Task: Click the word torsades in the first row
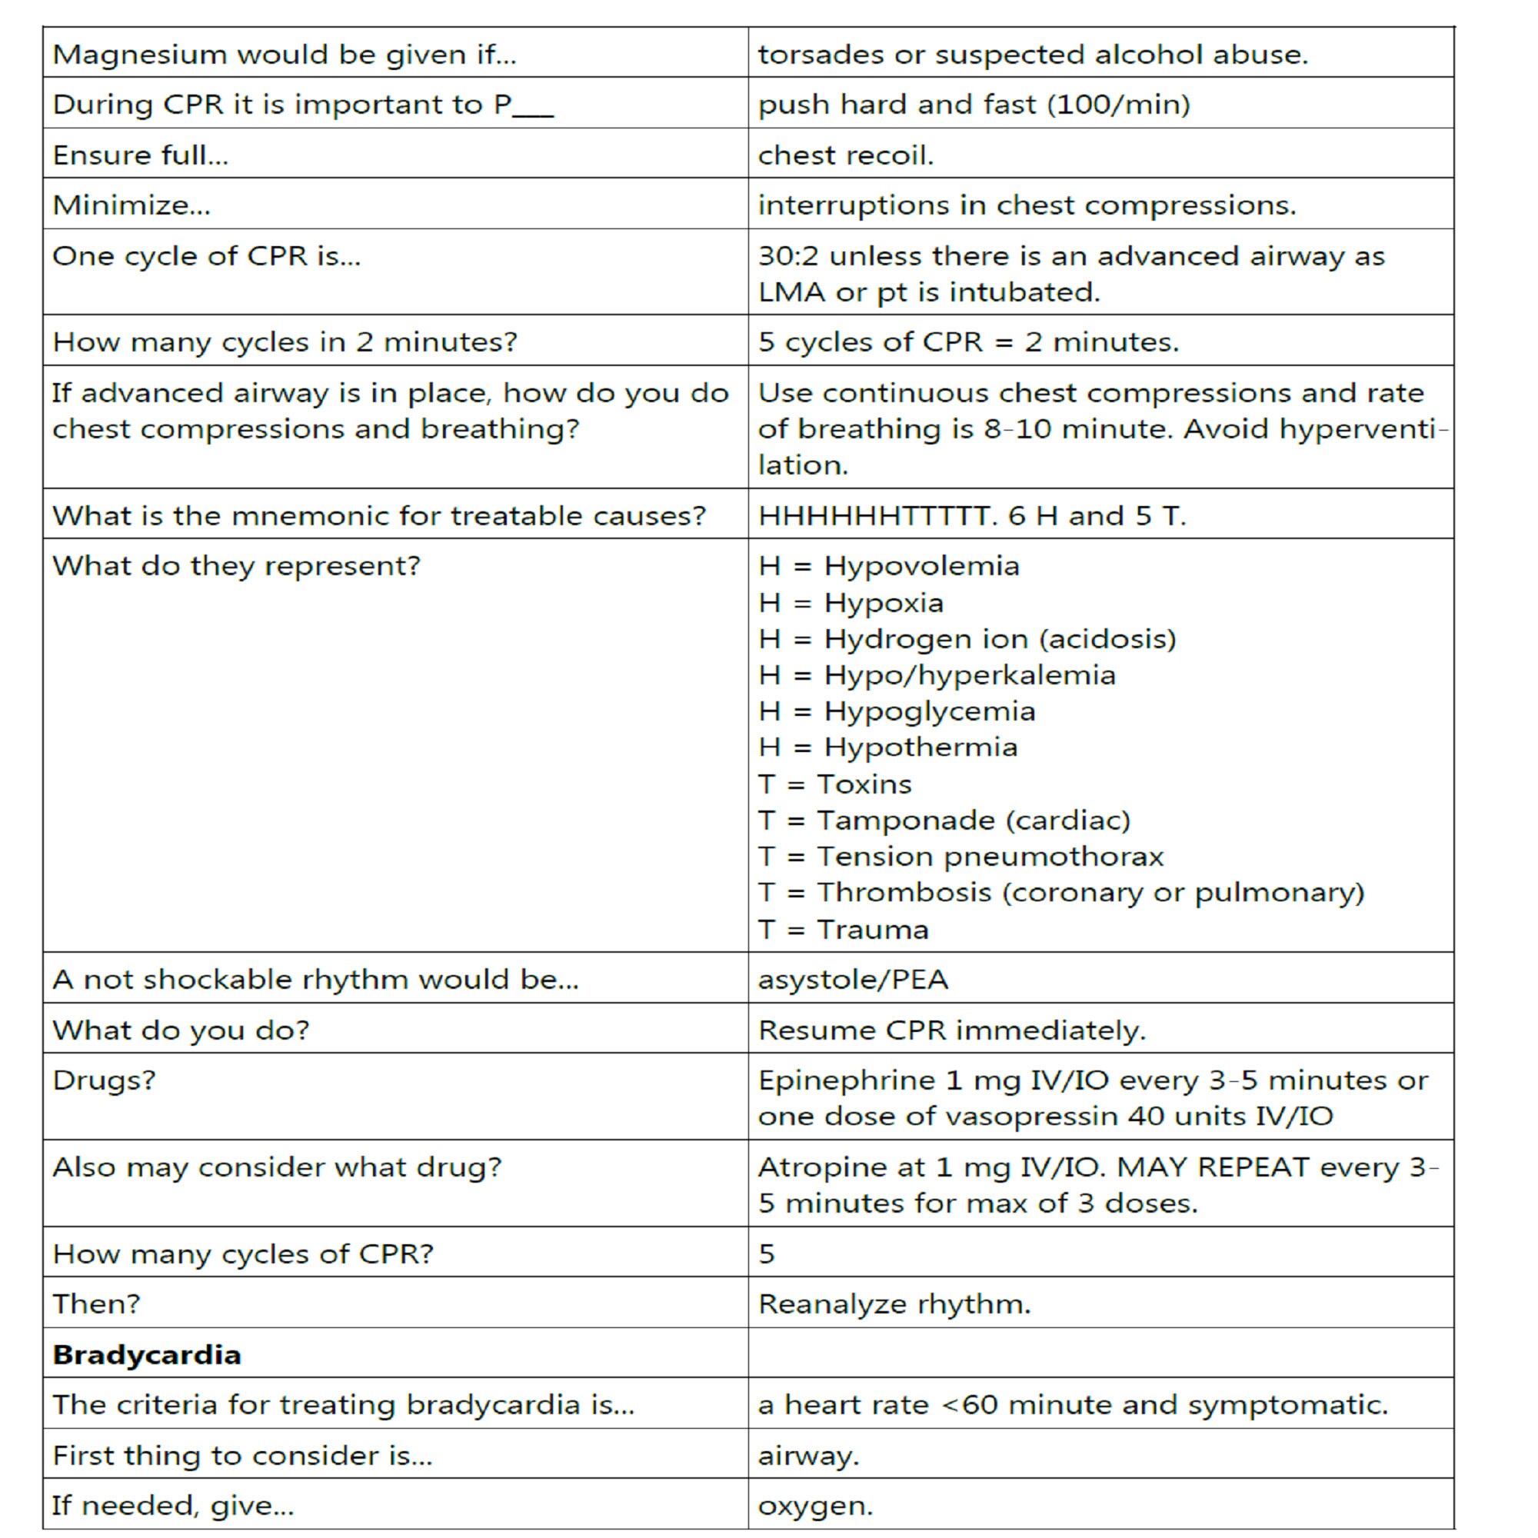coord(820,54)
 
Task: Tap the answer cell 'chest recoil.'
coord(845,155)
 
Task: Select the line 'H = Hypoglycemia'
coord(897,711)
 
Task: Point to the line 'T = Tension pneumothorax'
coord(960,856)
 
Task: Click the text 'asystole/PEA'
coord(853,978)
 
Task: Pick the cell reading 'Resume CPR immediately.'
coord(951,1030)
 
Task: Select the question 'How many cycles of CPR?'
coord(243,1253)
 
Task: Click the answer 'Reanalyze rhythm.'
coord(894,1303)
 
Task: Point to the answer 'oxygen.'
coord(815,1506)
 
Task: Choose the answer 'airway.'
coord(809,1455)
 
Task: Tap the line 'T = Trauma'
coord(843,929)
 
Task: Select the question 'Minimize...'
coord(131,205)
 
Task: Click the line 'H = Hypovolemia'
coord(888,565)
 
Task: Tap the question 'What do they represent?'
coord(235,565)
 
